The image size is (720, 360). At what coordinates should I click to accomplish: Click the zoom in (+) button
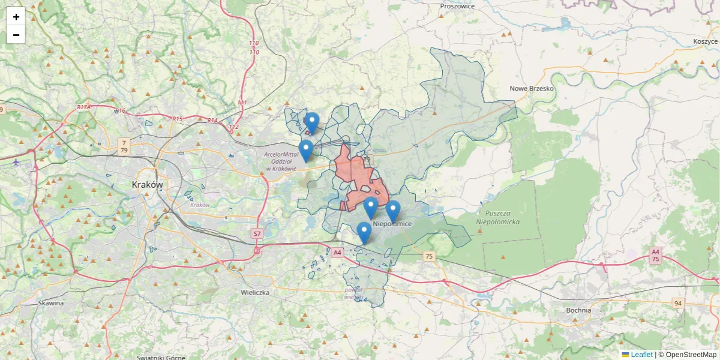16,17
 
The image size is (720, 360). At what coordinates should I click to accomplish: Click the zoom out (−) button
16,35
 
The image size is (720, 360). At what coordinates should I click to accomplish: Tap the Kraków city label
147,185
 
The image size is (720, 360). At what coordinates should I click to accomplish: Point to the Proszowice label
457,6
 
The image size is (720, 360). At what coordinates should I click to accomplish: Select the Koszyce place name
705,41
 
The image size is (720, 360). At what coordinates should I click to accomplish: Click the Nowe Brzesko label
532,89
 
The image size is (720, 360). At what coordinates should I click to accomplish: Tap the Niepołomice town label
393,224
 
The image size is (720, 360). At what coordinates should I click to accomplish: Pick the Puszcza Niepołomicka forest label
497,217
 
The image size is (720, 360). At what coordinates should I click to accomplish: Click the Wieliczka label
255,293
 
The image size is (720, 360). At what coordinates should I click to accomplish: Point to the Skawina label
50,303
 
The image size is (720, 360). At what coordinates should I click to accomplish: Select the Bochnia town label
578,310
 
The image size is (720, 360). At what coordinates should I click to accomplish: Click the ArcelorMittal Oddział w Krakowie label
281,161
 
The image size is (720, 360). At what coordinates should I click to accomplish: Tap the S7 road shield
257,233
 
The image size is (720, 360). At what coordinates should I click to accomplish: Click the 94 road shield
678,303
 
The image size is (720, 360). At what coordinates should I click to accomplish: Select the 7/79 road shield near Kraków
124,146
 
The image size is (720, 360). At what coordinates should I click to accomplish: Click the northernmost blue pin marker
311,122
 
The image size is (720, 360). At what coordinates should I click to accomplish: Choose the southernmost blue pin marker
364,232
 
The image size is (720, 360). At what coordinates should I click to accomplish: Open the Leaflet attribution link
641,355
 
